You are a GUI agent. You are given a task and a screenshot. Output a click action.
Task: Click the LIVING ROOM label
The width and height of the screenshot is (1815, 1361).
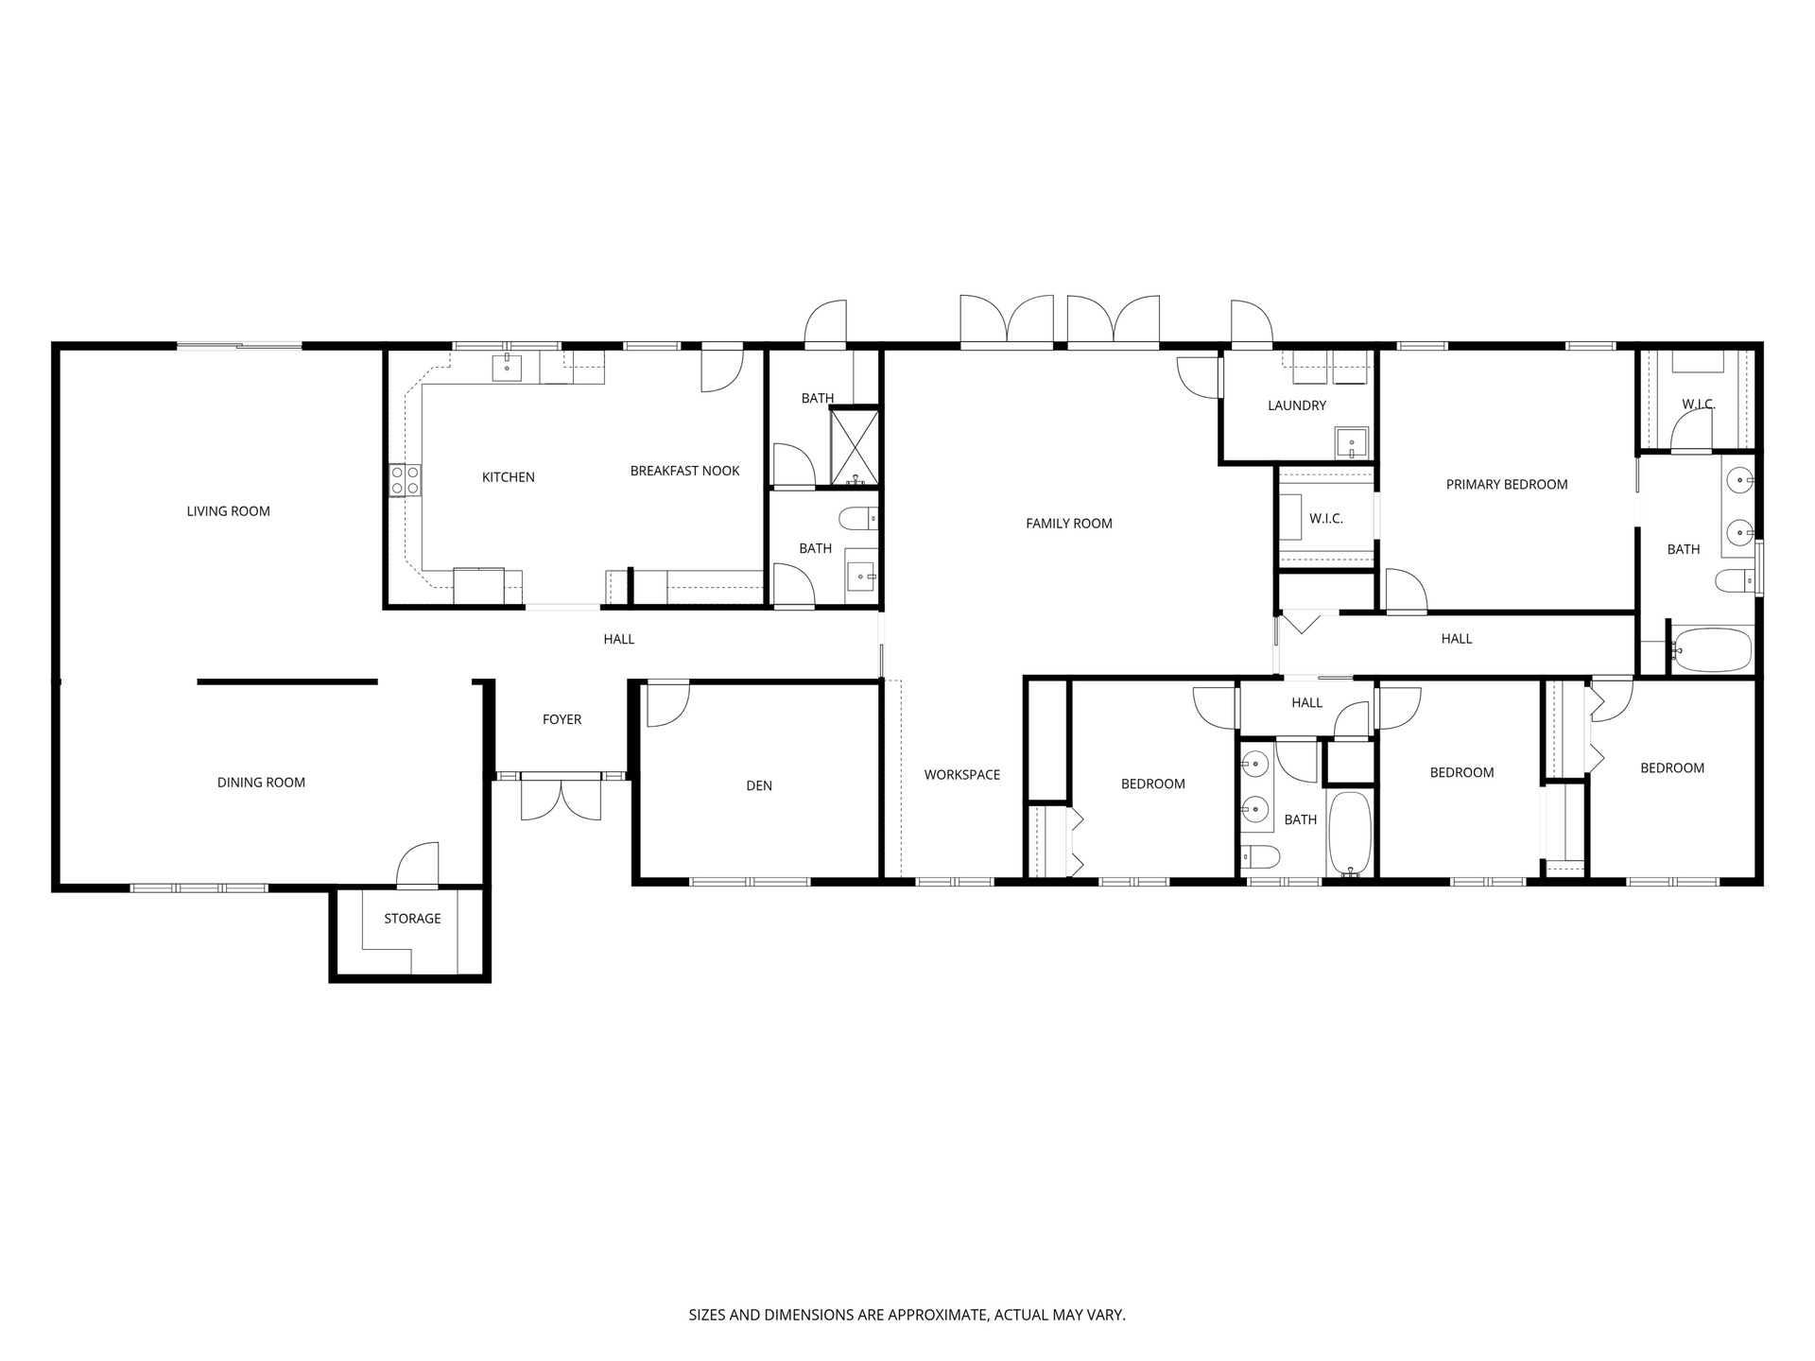(x=228, y=511)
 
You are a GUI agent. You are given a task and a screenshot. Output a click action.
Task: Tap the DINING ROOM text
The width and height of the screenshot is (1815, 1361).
(x=261, y=783)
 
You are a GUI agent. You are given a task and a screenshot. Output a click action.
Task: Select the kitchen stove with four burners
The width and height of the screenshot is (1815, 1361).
(x=405, y=479)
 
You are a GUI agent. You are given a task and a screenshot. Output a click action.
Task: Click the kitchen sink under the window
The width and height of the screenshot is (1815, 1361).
(x=507, y=368)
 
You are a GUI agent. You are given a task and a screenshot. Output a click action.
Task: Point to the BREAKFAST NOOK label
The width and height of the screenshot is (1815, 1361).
(x=684, y=471)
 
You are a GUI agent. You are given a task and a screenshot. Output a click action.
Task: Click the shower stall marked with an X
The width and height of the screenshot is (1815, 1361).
(x=855, y=447)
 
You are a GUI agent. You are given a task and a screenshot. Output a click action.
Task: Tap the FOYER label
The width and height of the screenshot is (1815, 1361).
(x=562, y=719)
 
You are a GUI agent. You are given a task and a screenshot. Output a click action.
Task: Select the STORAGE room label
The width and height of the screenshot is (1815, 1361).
(x=412, y=919)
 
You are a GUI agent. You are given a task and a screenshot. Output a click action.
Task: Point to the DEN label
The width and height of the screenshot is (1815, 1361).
(x=759, y=785)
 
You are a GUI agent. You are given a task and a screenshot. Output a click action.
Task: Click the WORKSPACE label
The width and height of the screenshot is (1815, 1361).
(x=961, y=775)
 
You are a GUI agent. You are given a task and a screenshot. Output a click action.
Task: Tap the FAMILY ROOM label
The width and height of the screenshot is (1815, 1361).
(x=1069, y=524)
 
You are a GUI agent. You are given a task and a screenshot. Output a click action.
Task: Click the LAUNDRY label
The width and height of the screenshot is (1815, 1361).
(x=1297, y=405)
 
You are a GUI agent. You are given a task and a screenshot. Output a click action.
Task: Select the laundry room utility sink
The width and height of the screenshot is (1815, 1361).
(x=1351, y=442)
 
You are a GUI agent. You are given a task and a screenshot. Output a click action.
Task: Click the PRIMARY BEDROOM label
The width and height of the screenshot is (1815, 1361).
(x=1507, y=485)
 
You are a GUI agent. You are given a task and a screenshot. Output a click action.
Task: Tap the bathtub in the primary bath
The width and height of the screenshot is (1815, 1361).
(x=1712, y=649)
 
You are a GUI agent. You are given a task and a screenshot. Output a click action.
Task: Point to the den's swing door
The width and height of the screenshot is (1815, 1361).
(x=667, y=705)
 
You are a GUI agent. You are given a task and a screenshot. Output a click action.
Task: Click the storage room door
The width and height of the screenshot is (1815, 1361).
(x=418, y=866)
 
